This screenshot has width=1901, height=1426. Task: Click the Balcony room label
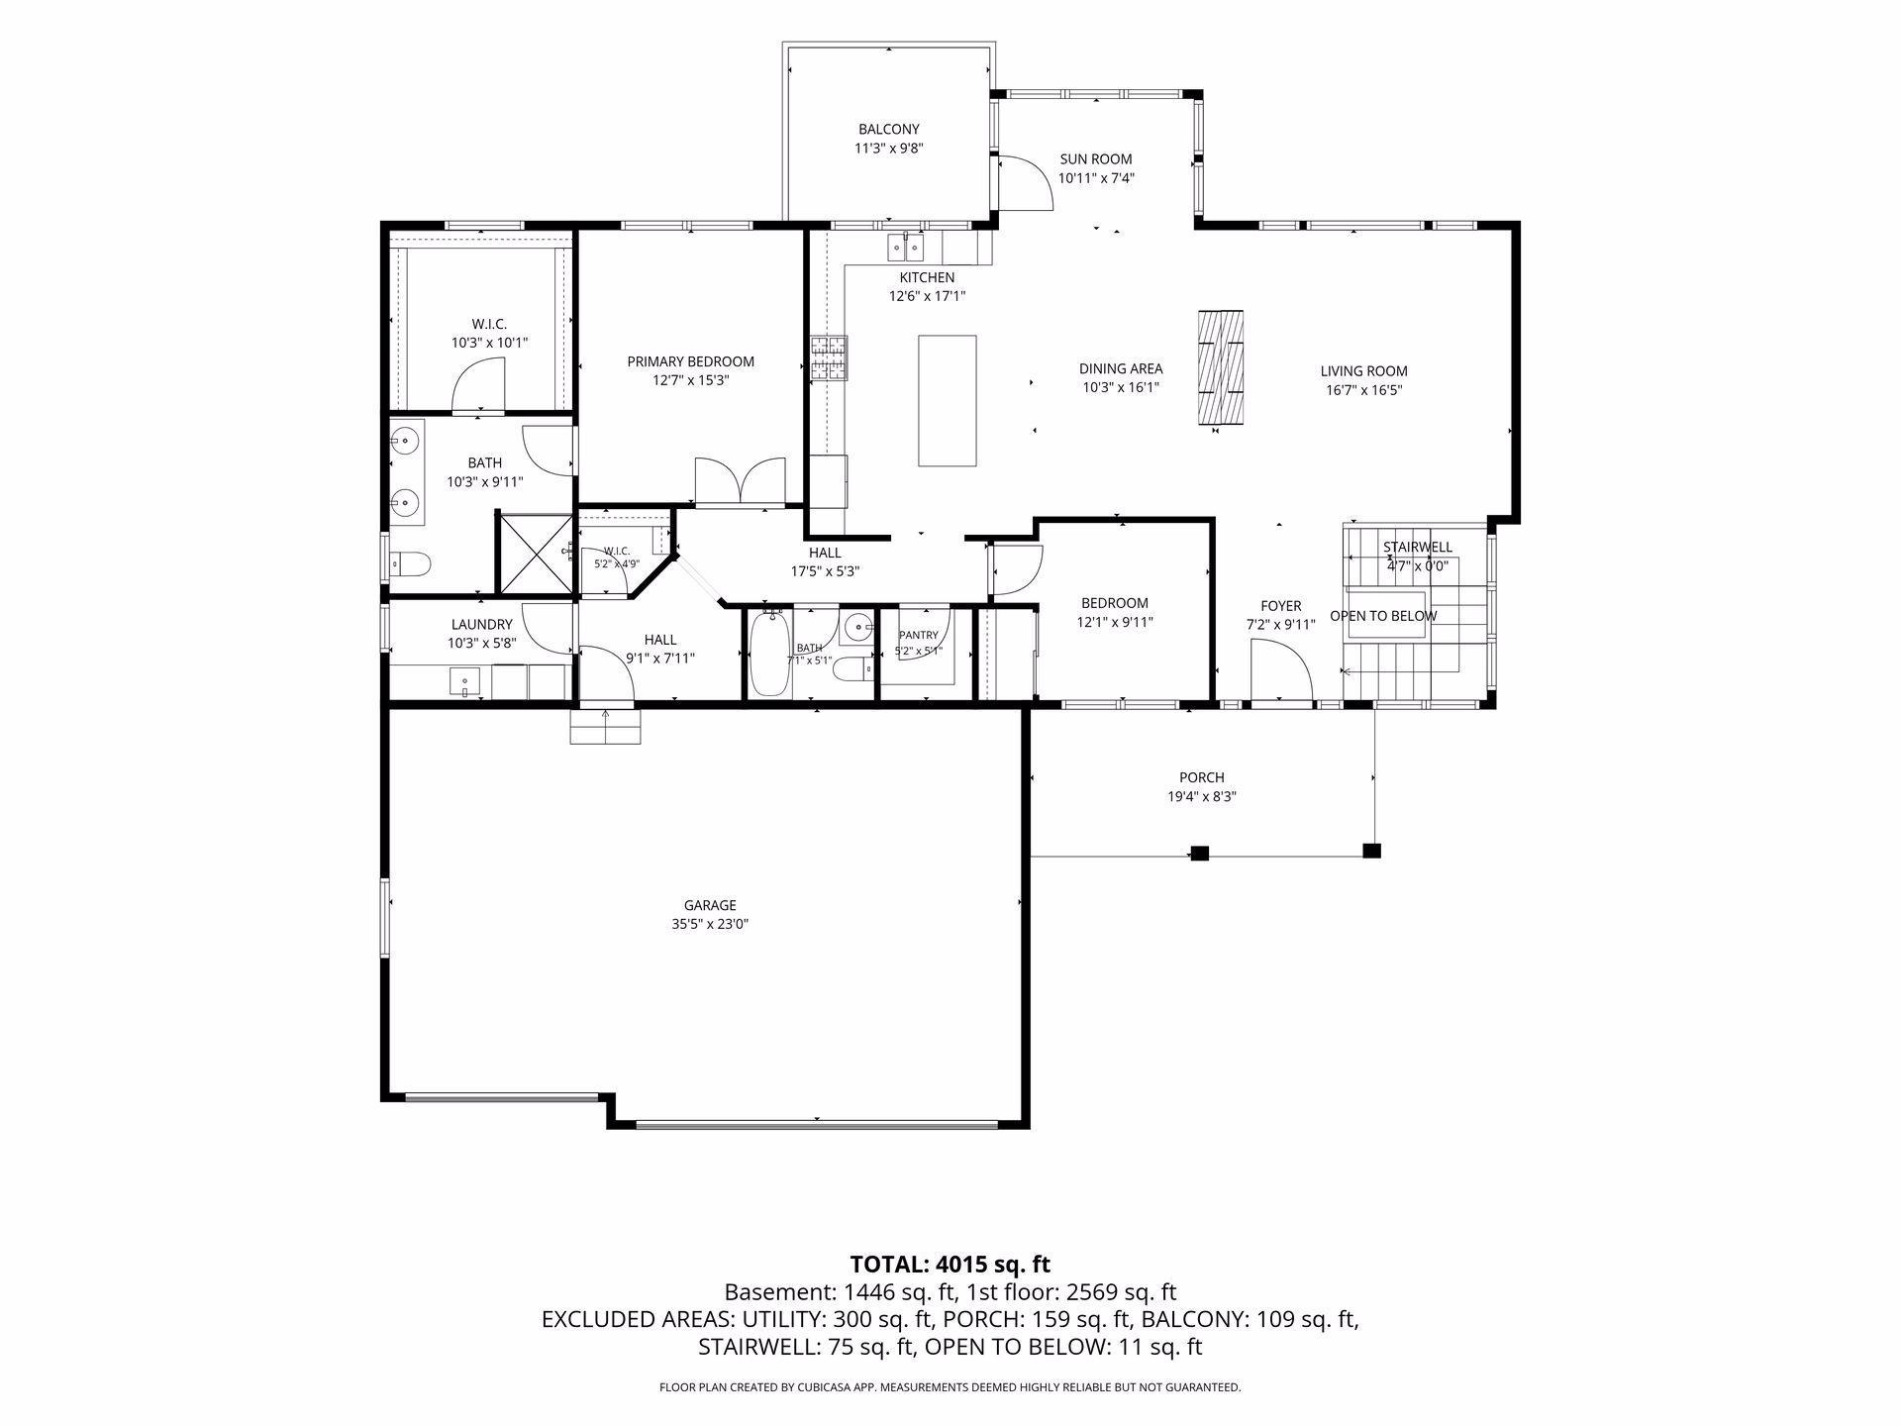pyautogui.click(x=888, y=129)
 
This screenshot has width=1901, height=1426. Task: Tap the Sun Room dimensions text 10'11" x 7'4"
pyautogui.click(x=1096, y=178)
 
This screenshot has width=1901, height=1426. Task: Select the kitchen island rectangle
pyautogui.click(x=947, y=400)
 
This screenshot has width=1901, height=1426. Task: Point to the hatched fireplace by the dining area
pyautogui.click(x=1220, y=367)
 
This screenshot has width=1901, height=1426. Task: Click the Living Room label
pyautogui.click(x=1363, y=371)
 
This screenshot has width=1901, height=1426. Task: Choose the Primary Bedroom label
pyautogui.click(x=690, y=361)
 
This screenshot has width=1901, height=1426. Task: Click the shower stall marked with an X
pyautogui.click(x=535, y=554)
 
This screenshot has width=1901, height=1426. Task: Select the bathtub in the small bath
pyautogui.click(x=769, y=655)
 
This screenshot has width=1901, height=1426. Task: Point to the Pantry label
pyautogui.click(x=918, y=636)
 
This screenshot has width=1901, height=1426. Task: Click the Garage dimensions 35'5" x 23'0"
pyautogui.click(x=710, y=924)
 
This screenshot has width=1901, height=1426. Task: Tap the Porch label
pyautogui.click(x=1201, y=777)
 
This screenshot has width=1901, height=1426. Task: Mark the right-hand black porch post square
pyautogui.click(x=1371, y=850)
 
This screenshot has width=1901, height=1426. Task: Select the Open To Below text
pyautogui.click(x=1383, y=616)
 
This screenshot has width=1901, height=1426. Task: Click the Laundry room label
pyautogui.click(x=481, y=625)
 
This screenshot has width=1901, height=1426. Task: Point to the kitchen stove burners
pyautogui.click(x=830, y=357)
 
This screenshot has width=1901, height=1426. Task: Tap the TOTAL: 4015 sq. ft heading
pyautogui.click(x=950, y=1265)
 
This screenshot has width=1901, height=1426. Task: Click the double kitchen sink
pyautogui.click(x=905, y=245)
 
